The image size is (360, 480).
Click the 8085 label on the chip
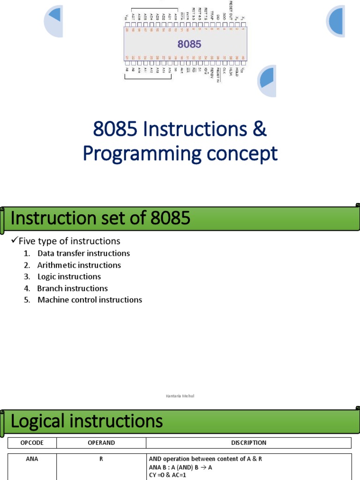click(x=189, y=45)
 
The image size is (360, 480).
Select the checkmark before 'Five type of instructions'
click(x=14, y=241)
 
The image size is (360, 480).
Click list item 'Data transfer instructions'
click(x=83, y=253)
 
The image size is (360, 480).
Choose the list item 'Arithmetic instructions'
click(x=79, y=265)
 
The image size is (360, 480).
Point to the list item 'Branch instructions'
click(x=73, y=288)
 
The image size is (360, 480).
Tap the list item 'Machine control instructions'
click(x=90, y=300)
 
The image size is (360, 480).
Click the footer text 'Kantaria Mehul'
click(x=180, y=396)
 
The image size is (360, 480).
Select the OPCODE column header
click(x=32, y=442)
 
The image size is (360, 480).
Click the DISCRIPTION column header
click(x=248, y=442)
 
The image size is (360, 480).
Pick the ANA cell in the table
click(x=32, y=459)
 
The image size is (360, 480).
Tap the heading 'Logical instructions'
click(x=87, y=421)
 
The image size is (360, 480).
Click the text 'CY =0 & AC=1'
click(x=167, y=475)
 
